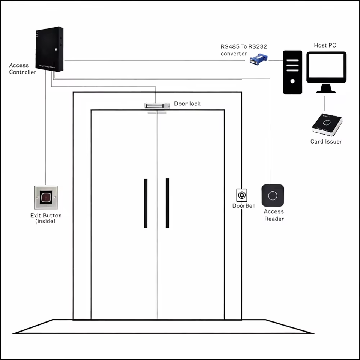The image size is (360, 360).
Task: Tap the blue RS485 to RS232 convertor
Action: click(x=259, y=59)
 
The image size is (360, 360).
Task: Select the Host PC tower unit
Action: click(x=292, y=72)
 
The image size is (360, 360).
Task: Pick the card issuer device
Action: click(x=327, y=125)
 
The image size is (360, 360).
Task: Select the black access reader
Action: click(x=273, y=195)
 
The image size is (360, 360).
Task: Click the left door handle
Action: click(x=146, y=203)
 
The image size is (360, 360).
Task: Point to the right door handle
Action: click(x=167, y=203)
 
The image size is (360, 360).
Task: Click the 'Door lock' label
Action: click(x=187, y=103)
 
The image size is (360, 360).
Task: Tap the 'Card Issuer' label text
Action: click(x=326, y=142)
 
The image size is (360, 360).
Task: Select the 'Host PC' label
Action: click(x=325, y=45)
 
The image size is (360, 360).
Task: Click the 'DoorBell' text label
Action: click(x=244, y=206)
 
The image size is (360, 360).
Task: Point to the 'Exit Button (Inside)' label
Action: click(x=46, y=218)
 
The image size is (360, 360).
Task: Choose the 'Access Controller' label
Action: click(x=22, y=69)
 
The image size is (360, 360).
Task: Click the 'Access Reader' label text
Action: click(x=274, y=215)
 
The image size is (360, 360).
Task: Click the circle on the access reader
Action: click(x=273, y=195)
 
